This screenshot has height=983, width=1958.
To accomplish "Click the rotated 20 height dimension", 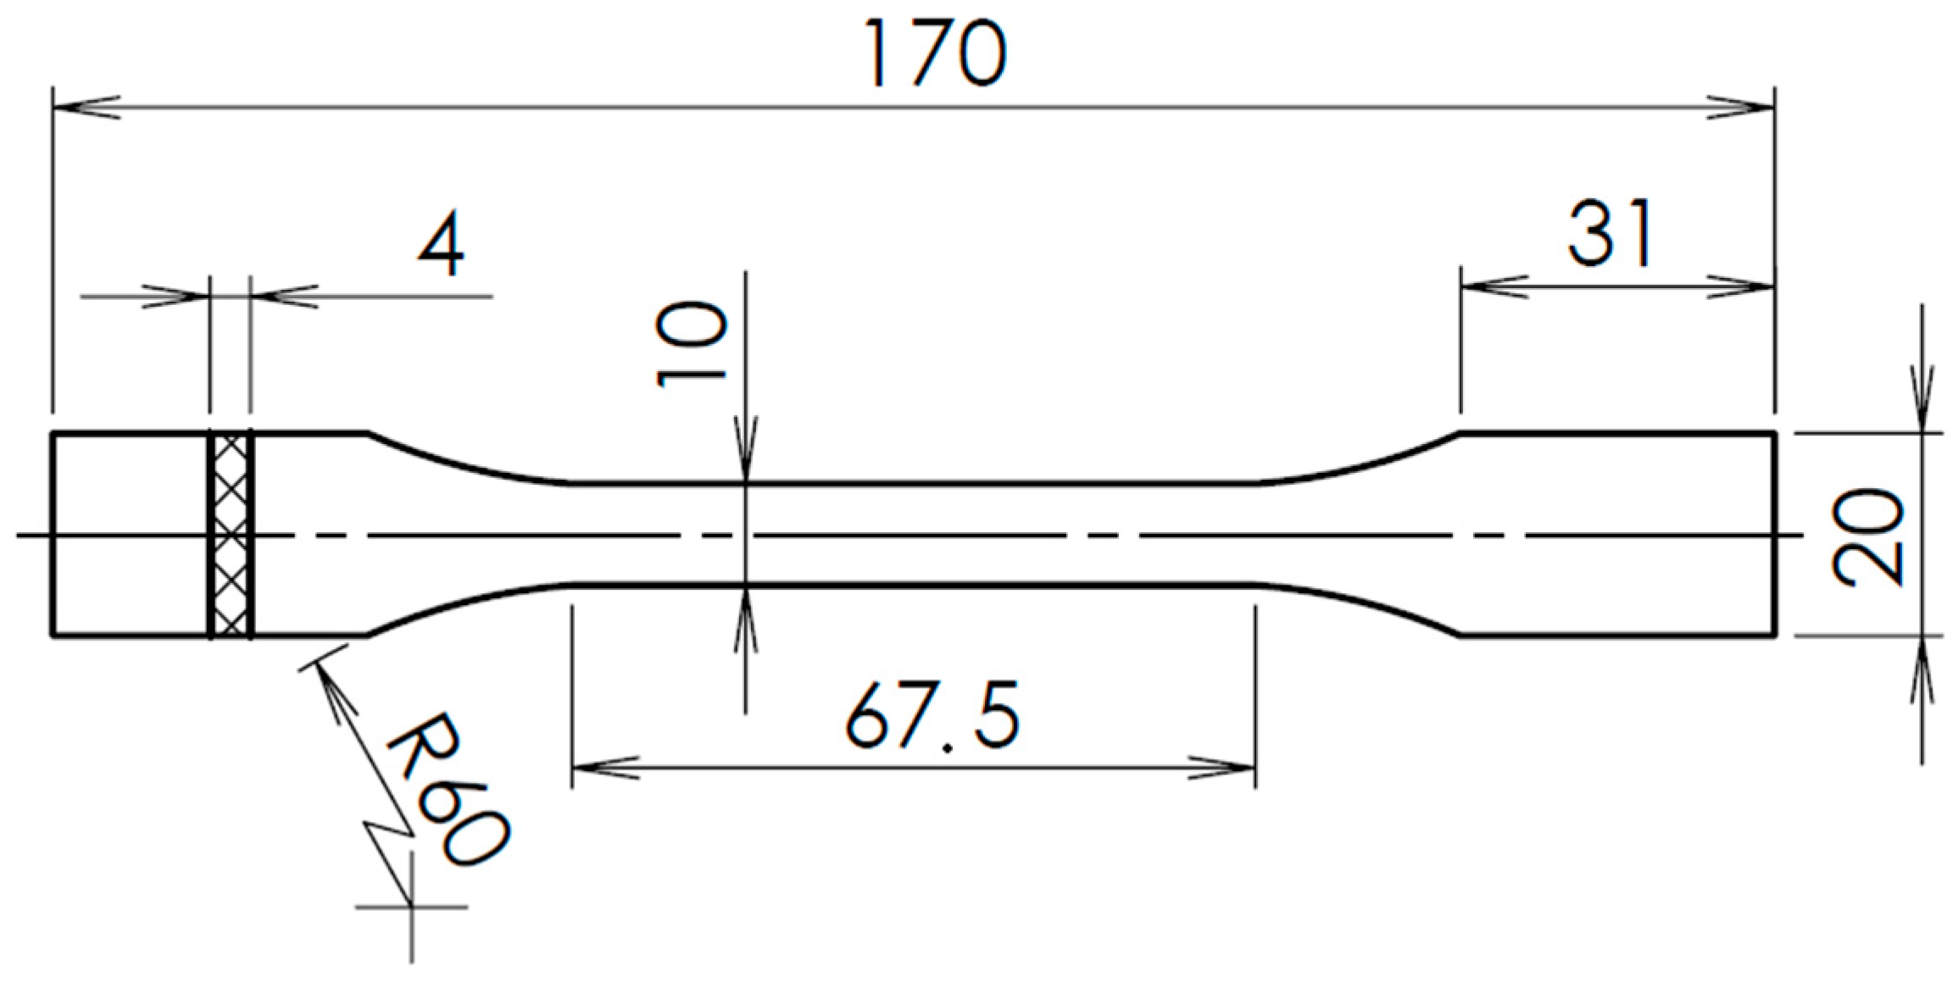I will coord(1868,536).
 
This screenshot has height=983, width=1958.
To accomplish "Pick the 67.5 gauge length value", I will coord(932,717).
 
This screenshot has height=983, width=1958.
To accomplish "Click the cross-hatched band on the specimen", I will coord(231,535).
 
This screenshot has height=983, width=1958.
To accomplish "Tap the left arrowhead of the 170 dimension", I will coord(85,108).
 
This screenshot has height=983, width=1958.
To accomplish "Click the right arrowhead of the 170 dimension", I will coord(1742,108).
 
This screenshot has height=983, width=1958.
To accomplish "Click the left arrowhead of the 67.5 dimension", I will coord(605,769).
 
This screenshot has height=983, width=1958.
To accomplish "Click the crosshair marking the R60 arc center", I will coord(412,907).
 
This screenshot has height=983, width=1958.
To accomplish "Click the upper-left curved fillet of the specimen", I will coord(466,462).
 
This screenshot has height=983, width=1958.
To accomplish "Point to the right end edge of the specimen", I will coord(1775,535).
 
